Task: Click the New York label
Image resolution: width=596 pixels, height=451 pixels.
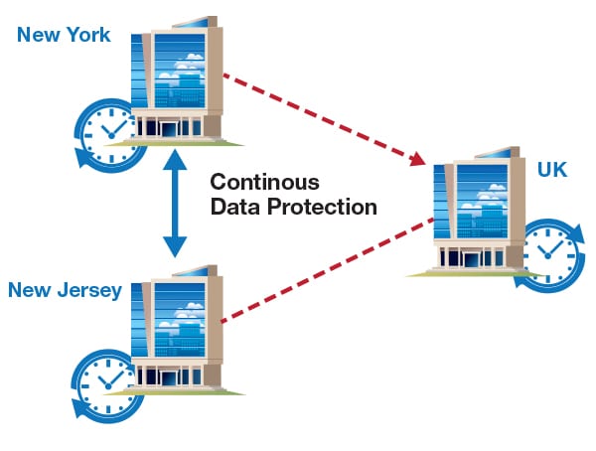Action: point(64,36)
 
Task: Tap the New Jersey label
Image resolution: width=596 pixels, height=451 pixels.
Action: point(65,290)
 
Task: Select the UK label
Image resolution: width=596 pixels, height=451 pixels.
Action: point(552,170)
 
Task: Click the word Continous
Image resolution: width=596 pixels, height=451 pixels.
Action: point(264,183)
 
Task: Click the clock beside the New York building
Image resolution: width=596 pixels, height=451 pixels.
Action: point(104,135)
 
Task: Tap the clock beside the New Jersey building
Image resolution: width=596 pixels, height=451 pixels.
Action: point(103,383)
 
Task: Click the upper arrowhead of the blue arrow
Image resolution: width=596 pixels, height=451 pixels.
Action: point(175,158)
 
